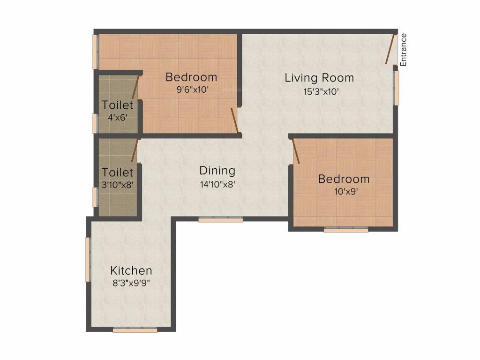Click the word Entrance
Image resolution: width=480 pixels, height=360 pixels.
[404, 49]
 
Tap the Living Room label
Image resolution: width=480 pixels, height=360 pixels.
[319, 78]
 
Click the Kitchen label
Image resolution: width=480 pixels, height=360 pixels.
[131, 270]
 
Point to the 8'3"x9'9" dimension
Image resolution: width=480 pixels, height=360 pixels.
[131, 283]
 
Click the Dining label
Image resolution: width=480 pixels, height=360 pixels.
[217, 171]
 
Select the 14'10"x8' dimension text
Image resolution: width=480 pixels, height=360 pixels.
[217, 184]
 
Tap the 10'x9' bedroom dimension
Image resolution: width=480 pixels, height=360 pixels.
[344, 192]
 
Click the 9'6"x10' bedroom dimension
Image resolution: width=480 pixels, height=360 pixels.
[191, 90]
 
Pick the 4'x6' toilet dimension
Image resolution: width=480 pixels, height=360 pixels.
[118, 118]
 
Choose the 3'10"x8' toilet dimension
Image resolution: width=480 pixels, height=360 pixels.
[118, 184]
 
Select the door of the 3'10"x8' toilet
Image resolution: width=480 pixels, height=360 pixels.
[135, 151]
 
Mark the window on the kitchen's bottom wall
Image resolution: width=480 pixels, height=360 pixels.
[135, 330]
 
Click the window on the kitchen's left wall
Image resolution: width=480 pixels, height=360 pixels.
[87, 259]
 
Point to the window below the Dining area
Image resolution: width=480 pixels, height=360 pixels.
[220, 219]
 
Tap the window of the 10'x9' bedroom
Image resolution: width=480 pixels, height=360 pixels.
[346, 230]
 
